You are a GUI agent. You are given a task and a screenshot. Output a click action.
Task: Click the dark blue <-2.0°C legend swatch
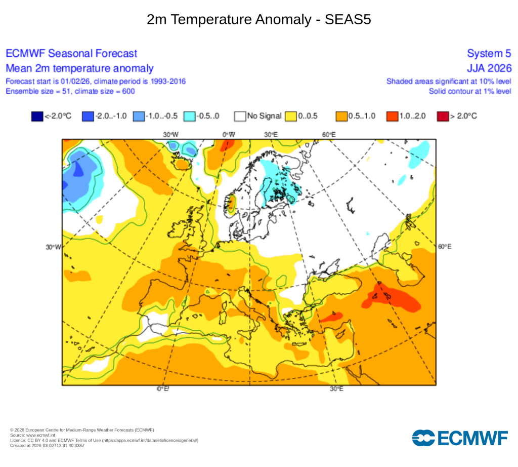click(x=37, y=116)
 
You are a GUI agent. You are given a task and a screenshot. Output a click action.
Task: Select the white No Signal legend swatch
click(x=240, y=116)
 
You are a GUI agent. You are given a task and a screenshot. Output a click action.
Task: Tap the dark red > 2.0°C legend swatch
click(x=444, y=116)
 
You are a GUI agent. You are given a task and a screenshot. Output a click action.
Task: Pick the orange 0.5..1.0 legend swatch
click(x=342, y=116)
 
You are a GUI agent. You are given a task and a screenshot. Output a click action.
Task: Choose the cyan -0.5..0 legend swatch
click(x=189, y=116)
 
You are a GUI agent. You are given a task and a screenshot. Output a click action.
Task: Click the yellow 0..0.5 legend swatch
click(x=291, y=116)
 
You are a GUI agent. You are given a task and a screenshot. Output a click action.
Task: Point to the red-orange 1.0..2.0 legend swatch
click(x=393, y=116)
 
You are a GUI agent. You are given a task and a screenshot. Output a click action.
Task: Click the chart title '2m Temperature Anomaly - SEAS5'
click(x=259, y=19)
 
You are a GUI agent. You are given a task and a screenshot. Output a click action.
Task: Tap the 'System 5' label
click(x=489, y=54)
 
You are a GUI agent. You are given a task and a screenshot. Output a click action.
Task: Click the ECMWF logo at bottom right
click(x=460, y=438)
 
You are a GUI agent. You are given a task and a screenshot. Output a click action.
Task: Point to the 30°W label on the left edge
click(x=53, y=247)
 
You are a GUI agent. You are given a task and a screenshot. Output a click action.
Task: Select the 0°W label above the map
click(x=229, y=134)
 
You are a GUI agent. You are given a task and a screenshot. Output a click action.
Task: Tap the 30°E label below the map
click(x=337, y=389)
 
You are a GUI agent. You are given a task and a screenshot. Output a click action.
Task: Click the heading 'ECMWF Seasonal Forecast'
click(x=71, y=54)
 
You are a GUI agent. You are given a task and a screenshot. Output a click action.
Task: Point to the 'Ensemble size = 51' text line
click(x=70, y=91)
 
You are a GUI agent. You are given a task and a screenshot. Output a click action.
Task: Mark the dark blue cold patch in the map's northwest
click(x=78, y=169)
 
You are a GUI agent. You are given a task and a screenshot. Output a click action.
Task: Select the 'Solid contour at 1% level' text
click(x=469, y=91)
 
